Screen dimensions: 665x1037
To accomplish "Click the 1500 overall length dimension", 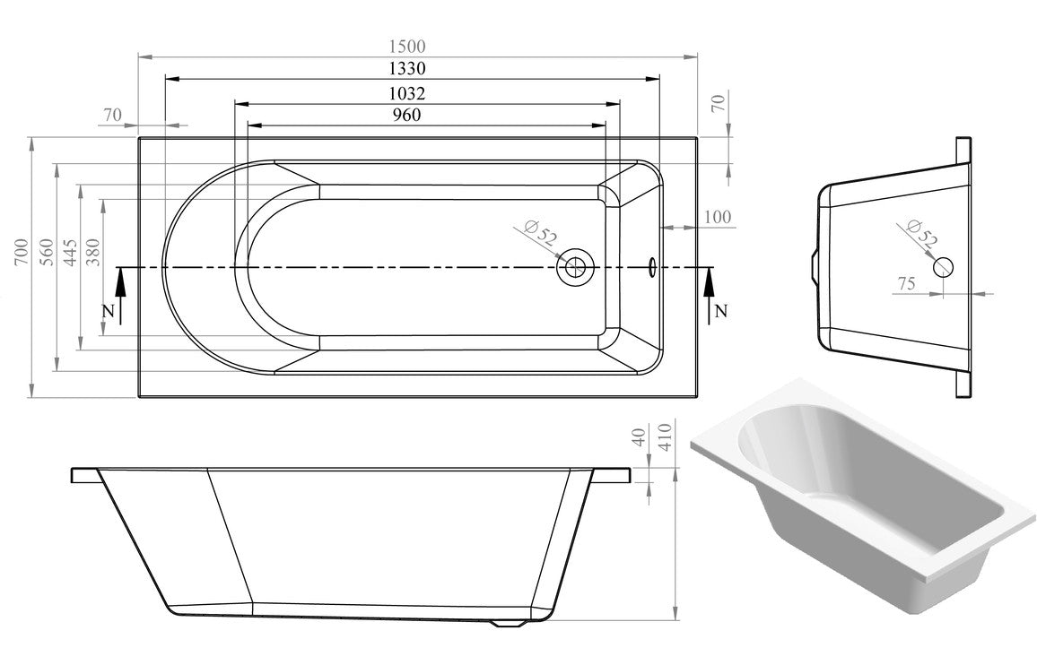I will pos(408,47).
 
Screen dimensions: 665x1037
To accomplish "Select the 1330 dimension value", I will pos(408,69).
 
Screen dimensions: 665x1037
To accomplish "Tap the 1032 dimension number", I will pos(408,92).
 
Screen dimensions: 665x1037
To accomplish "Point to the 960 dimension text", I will pos(407,115).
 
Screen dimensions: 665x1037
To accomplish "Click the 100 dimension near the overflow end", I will pos(718,217).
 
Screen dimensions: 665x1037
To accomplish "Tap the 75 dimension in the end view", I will pos(906,284).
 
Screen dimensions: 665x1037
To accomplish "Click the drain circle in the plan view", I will pos(573,266).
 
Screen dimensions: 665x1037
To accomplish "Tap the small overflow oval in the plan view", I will pos(652,266).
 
